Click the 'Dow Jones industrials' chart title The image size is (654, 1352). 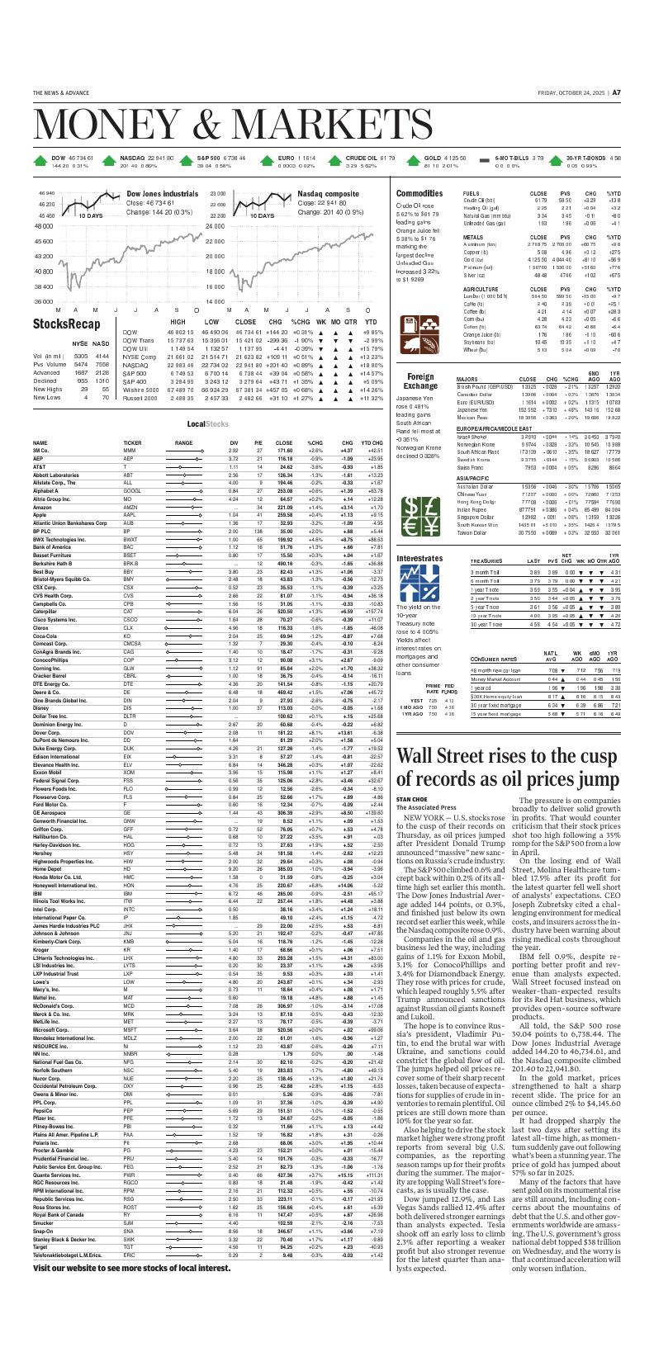click(162, 194)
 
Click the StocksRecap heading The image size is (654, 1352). click(66, 324)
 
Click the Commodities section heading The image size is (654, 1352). click(419, 192)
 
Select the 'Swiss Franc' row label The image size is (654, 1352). click(471, 466)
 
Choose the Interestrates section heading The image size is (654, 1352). click(419, 558)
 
